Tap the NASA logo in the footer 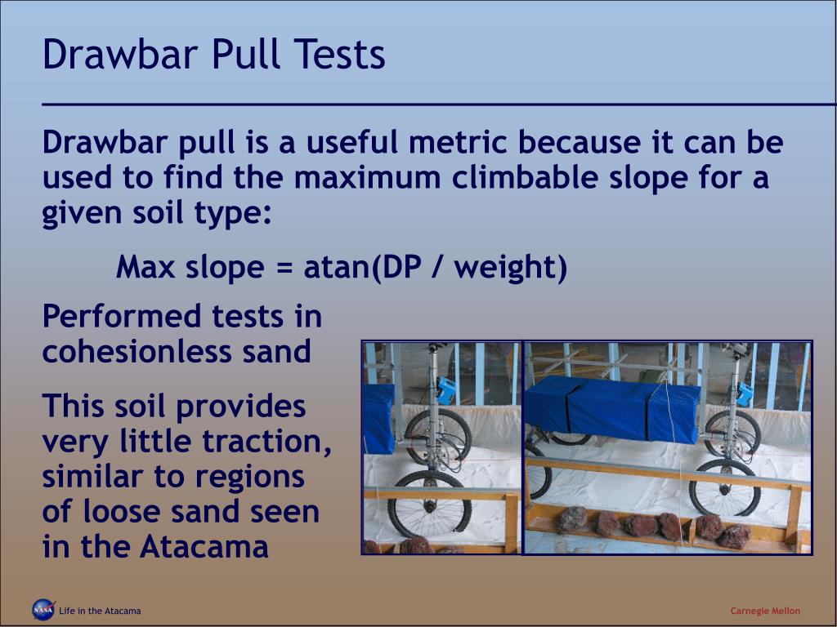pyautogui.click(x=43, y=610)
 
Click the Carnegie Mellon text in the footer pyautogui.click(x=765, y=611)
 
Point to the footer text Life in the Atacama pyautogui.click(x=100, y=611)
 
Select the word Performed pyautogui.click(x=121, y=317)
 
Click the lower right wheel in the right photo pyautogui.click(x=724, y=487)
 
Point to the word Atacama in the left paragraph pyautogui.click(x=204, y=547)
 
